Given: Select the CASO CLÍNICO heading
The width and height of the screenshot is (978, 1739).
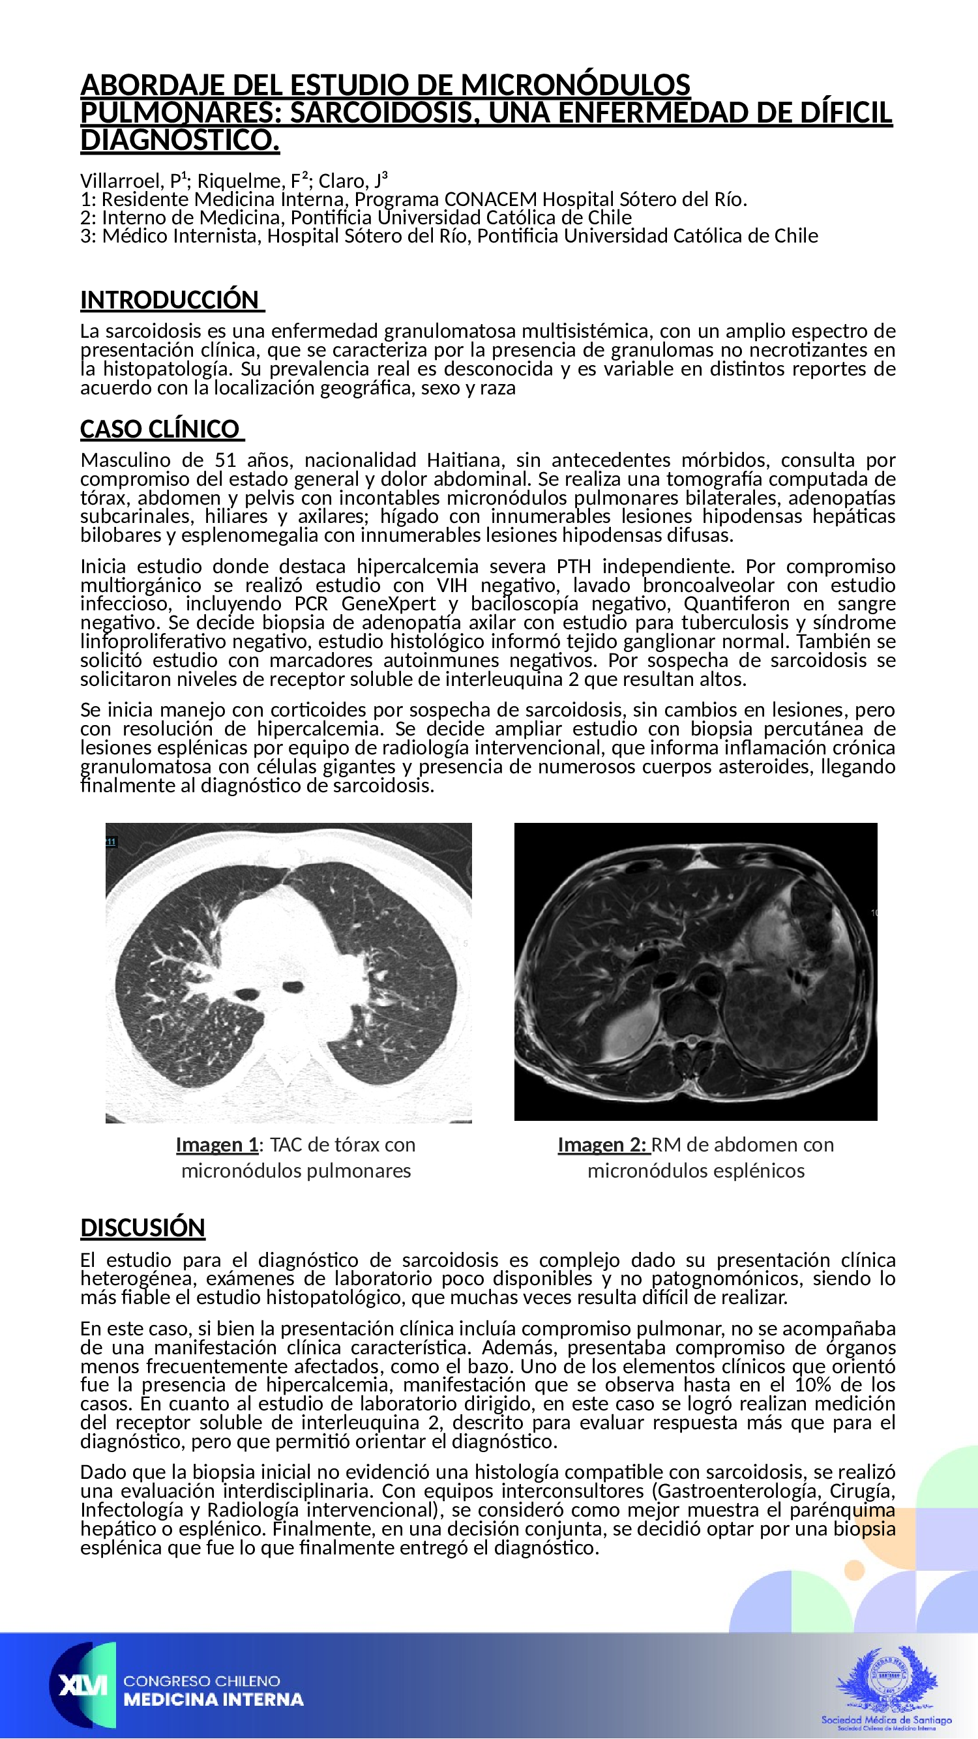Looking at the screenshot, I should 160,429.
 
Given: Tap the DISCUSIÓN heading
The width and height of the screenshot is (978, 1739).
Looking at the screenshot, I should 142,1227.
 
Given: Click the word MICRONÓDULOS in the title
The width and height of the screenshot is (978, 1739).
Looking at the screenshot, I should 575,85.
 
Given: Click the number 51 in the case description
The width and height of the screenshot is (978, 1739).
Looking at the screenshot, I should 226,460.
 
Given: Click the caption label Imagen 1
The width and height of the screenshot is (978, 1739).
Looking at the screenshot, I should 217,1145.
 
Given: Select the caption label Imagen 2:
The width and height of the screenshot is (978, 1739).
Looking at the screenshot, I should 602,1145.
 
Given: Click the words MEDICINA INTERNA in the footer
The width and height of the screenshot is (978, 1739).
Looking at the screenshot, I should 213,1700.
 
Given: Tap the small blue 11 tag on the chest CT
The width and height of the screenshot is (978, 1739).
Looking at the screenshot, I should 111,841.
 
